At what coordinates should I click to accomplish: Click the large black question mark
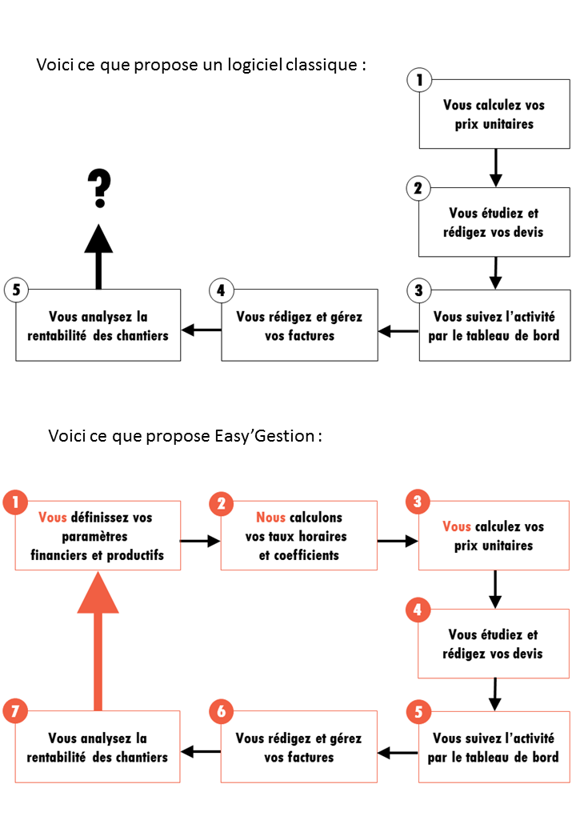click(x=99, y=188)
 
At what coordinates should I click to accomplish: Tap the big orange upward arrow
click(x=98, y=641)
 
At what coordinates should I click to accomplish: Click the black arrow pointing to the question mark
click(x=98, y=257)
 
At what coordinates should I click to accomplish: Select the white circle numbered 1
click(x=419, y=80)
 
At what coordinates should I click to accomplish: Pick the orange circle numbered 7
click(x=15, y=711)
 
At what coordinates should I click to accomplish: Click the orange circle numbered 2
click(x=222, y=503)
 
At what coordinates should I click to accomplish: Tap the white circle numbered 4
click(x=221, y=290)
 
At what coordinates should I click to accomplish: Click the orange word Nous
click(x=271, y=518)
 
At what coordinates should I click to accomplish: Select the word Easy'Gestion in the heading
click(x=265, y=436)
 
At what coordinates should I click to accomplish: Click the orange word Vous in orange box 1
click(x=53, y=518)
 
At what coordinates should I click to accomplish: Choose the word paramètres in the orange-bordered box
click(x=94, y=537)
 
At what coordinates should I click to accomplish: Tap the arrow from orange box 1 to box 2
click(x=200, y=542)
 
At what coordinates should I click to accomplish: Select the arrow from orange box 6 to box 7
click(x=201, y=751)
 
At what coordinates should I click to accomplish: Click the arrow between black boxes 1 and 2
click(x=495, y=168)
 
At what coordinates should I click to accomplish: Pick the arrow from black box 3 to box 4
click(x=398, y=331)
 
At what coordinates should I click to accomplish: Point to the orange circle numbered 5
click(x=418, y=711)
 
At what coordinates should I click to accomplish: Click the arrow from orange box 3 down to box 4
click(x=495, y=590)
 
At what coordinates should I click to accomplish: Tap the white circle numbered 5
click(x=17, y=290)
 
